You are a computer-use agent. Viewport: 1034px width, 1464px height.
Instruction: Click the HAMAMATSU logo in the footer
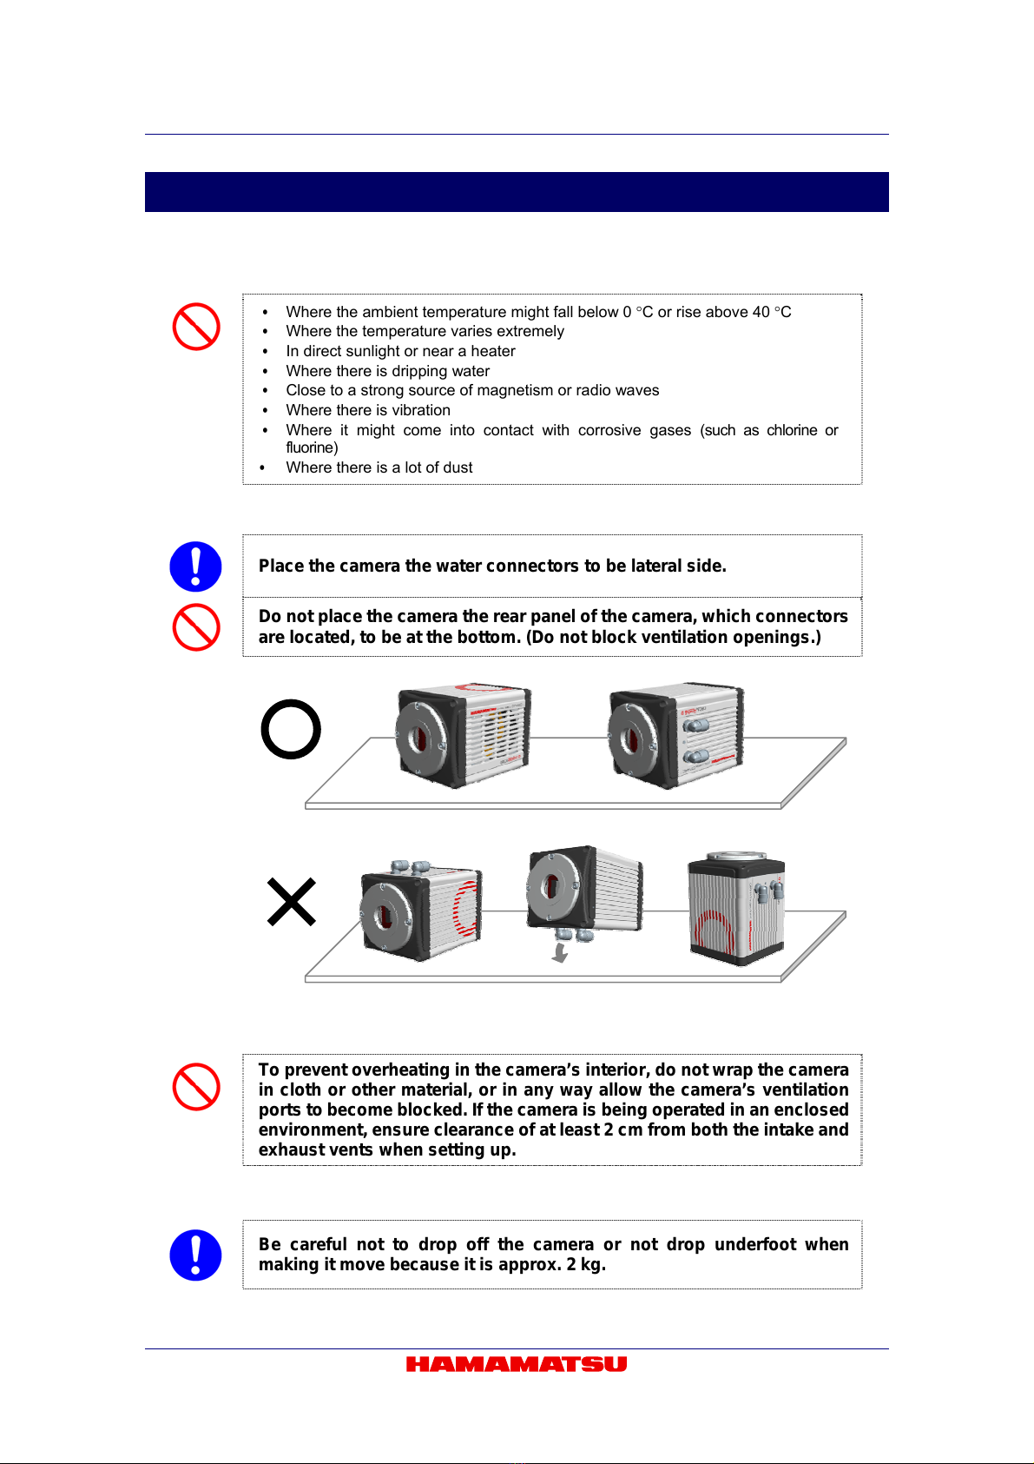(516, 1364)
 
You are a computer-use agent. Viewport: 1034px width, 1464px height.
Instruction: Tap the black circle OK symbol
(291, 729)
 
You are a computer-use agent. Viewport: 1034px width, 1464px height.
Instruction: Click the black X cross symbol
(292, 902)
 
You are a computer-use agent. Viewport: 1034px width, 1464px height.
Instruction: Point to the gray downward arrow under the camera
(560, 954)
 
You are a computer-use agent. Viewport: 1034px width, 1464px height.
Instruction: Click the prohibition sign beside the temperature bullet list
(196, 327)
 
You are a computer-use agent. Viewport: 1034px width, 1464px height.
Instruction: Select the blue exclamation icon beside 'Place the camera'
(196, 566)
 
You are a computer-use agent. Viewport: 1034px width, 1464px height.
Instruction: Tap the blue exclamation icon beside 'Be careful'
(196, 1255)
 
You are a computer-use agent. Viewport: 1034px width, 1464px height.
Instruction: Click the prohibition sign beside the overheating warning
(196, 1087)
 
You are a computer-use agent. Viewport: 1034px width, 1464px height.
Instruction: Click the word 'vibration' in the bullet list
(421, 410)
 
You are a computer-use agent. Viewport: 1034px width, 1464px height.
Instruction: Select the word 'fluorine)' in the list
(312, 447)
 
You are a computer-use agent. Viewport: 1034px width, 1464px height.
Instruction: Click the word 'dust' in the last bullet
(457, 467)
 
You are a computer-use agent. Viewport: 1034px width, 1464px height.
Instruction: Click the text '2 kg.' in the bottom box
(586, 1264)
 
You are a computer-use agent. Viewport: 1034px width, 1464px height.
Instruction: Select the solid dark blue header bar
(517, 192)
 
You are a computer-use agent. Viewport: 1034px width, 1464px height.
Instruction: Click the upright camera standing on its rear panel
(736, 909)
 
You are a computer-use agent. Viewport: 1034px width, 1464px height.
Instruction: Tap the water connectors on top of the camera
(410, 868)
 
